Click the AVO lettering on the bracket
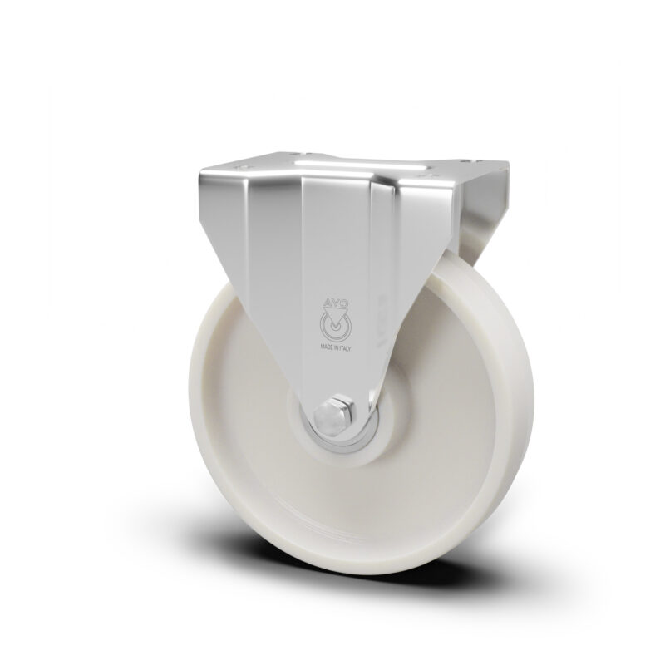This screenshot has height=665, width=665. coord(334,303)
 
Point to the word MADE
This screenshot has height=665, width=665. coord(327,347)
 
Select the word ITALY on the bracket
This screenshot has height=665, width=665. coord(344,347)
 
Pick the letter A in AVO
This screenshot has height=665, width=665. coord(328,303)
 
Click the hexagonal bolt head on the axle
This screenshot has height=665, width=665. coord(331,414)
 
